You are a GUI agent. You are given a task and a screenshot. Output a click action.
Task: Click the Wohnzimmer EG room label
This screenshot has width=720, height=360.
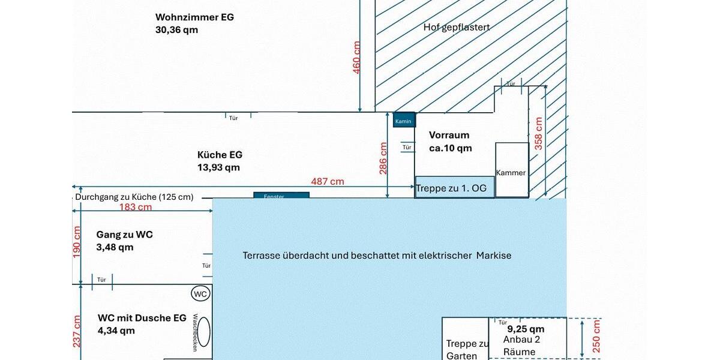[x=194, y=17]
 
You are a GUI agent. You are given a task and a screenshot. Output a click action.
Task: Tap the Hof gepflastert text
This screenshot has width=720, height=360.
[x=457, y=27]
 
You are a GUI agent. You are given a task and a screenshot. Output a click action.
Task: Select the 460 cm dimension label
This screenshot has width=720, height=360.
[x=357, y=58]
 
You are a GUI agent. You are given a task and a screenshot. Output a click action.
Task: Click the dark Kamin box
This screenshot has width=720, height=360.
[x=403, y=121]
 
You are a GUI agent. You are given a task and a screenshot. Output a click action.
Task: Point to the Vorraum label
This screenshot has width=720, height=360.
[x=449, y=135]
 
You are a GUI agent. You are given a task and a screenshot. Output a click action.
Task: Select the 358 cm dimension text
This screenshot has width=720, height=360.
[x=539, y=133]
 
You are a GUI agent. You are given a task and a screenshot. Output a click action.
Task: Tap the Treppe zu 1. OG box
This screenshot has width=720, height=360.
[x=455, y=187]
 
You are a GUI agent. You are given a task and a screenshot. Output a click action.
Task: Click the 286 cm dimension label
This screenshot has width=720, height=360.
[x=383, y=158]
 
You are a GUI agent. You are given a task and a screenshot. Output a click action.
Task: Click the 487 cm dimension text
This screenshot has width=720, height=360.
[x=328, y=181]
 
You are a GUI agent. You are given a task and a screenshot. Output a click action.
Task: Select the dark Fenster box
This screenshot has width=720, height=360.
[x=281, y=196]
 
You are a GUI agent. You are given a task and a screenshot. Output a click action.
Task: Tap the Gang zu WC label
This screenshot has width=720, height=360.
[x=124, y=235]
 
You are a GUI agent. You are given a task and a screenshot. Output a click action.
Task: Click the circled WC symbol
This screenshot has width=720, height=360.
[x=200, y=294]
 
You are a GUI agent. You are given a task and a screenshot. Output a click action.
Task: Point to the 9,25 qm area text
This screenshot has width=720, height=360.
[x=526, y=329]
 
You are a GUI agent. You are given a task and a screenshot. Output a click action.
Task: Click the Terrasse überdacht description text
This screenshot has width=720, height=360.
[x=377, y=256]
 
